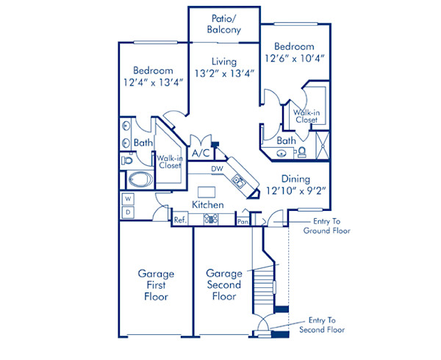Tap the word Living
224,61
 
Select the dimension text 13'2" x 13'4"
224,73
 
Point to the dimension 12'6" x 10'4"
295,57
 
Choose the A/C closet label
199,154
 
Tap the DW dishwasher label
217,169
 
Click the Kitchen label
208,204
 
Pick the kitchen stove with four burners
211,219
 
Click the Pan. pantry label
242,220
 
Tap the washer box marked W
127,199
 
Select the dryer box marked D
127,212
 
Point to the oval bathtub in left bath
137,179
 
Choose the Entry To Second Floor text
322,325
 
